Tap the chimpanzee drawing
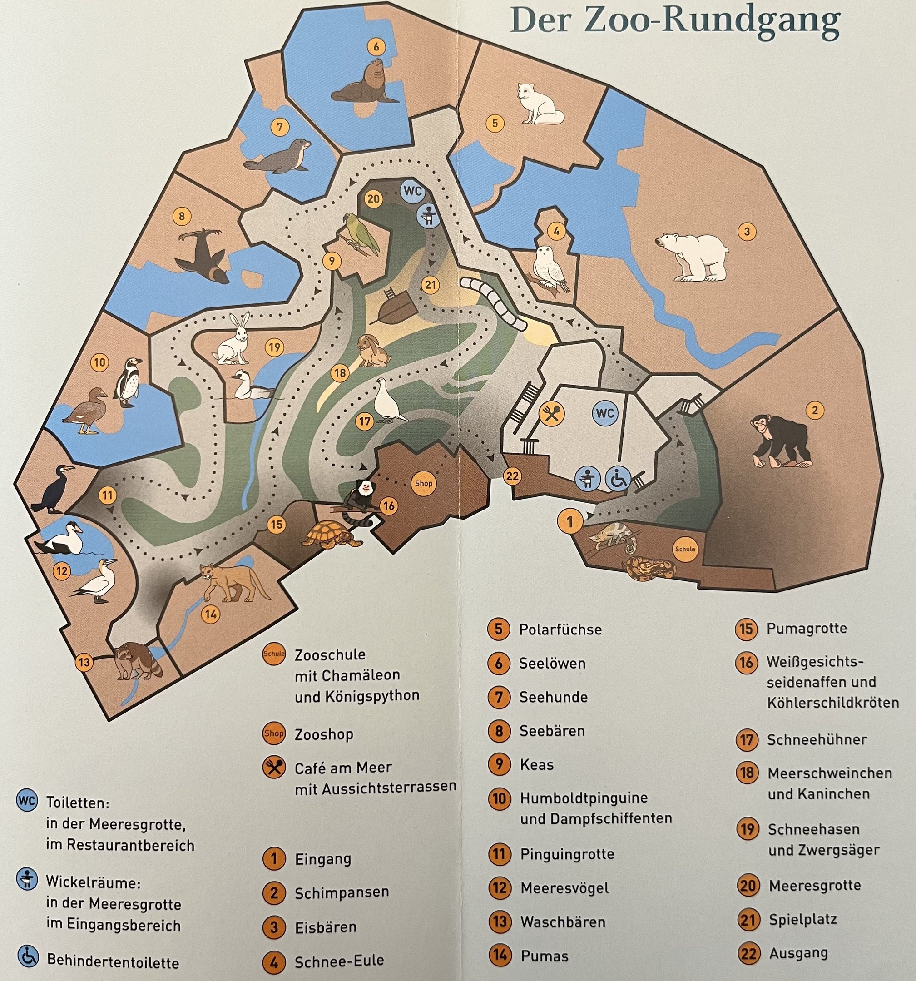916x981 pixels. click(x=780, y=441)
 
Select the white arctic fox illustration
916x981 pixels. click(x=539, y=104)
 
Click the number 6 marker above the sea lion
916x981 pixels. click(x=376, y=47)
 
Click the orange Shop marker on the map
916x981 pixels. click(x=423, y=483)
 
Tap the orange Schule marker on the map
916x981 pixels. click(x=684, y=549)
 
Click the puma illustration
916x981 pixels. click(x=232, y=582)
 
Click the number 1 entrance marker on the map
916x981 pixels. click(x=570, y=521)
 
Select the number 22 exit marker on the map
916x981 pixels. click(x=512, y=476)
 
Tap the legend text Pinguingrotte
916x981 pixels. click(x=567, y=854)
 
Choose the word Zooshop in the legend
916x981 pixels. click(x=324, y=734)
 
